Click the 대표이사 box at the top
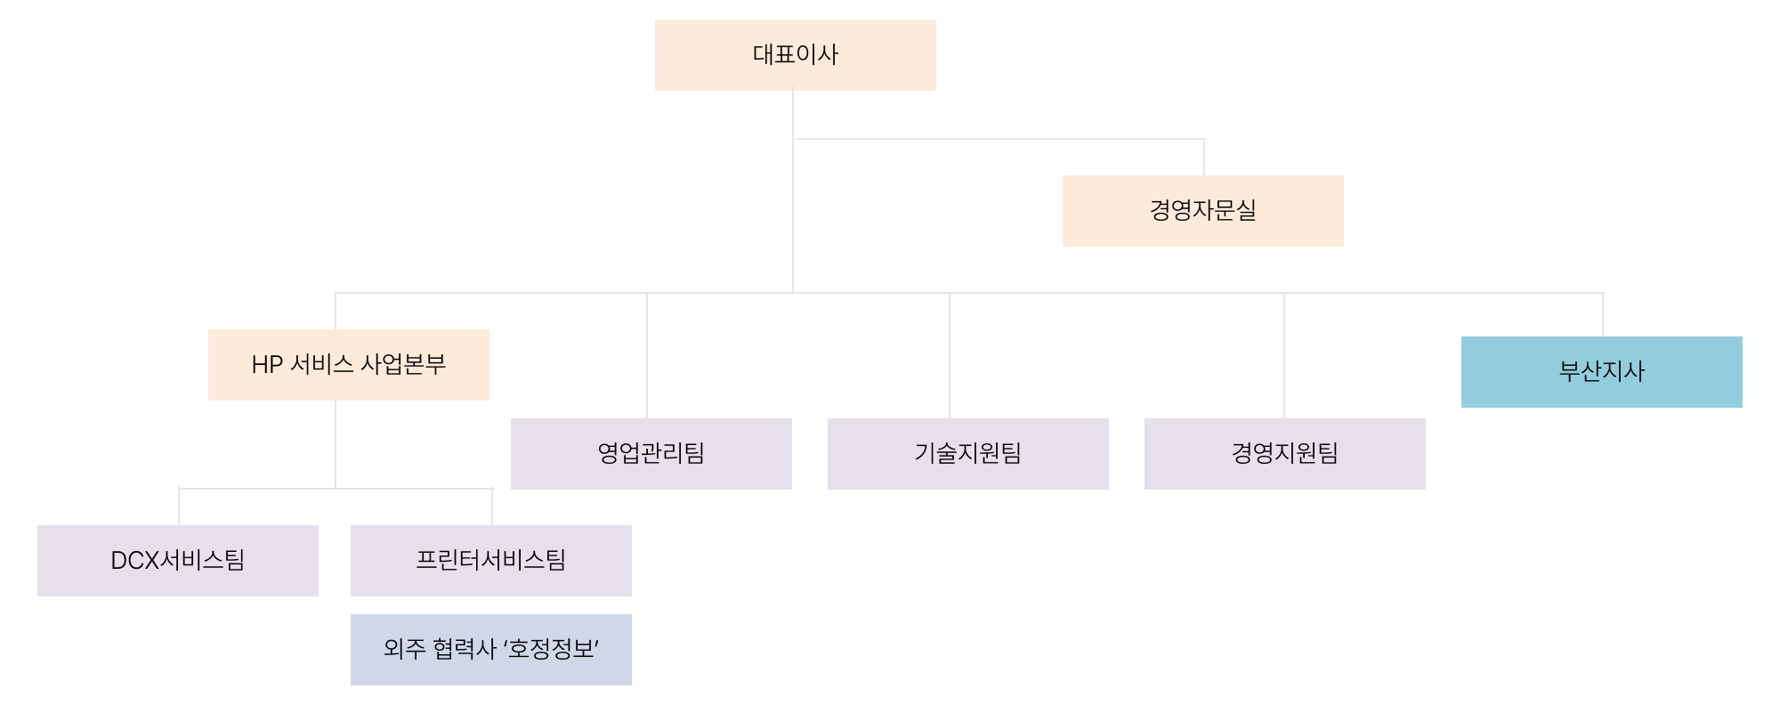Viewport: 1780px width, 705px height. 795,55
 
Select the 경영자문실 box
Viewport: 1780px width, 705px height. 1202,211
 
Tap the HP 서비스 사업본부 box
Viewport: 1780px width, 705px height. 348,365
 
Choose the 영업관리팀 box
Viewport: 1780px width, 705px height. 651,454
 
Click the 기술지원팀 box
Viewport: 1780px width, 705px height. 967,454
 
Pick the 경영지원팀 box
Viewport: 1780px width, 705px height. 1284,454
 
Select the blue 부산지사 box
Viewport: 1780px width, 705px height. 1601,372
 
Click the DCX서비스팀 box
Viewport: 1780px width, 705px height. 177,561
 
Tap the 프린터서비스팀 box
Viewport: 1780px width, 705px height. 490,561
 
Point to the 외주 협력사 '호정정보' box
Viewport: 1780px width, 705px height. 490,650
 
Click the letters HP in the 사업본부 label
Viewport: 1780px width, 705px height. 267,365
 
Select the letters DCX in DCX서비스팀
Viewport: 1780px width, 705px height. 134,561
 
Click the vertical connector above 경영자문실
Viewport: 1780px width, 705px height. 1204,158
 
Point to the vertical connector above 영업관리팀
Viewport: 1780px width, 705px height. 647,356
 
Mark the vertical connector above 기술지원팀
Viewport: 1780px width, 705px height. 950,356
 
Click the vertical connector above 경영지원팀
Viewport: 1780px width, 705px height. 1284,356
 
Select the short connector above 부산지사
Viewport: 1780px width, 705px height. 1603,315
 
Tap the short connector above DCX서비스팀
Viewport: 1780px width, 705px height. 179,507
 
